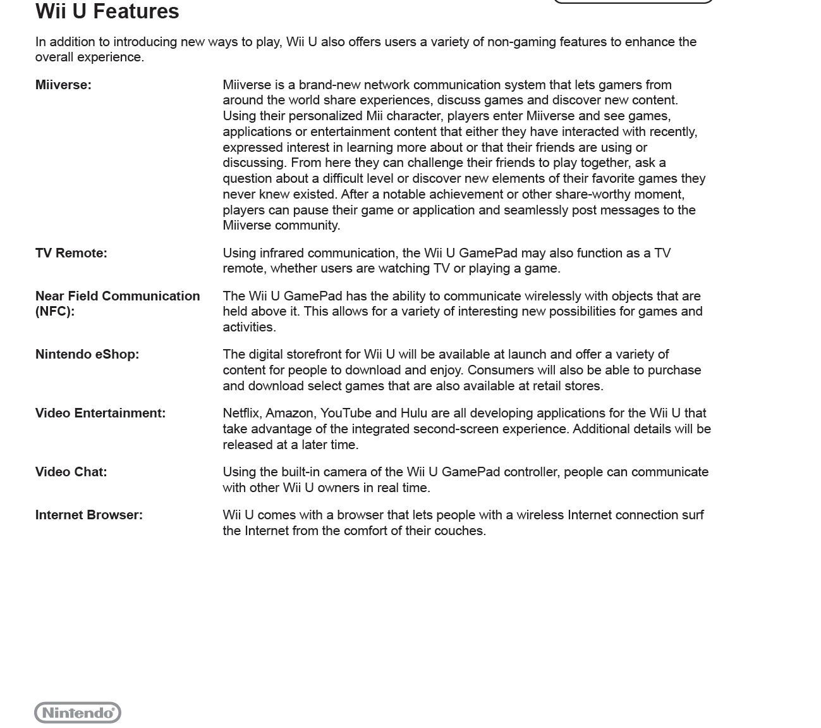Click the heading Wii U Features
[107, 11]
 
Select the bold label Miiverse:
[63, 85]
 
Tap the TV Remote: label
[71, 253]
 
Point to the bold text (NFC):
[55, 311]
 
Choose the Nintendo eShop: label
[87, 354]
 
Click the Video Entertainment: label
[100, 413]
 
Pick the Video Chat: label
[71, 472]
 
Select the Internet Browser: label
[89, 515]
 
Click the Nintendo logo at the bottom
[78, 713]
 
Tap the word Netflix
[241, 413]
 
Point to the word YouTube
[345, 413]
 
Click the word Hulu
[415, 413]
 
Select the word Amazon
[291, 413]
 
